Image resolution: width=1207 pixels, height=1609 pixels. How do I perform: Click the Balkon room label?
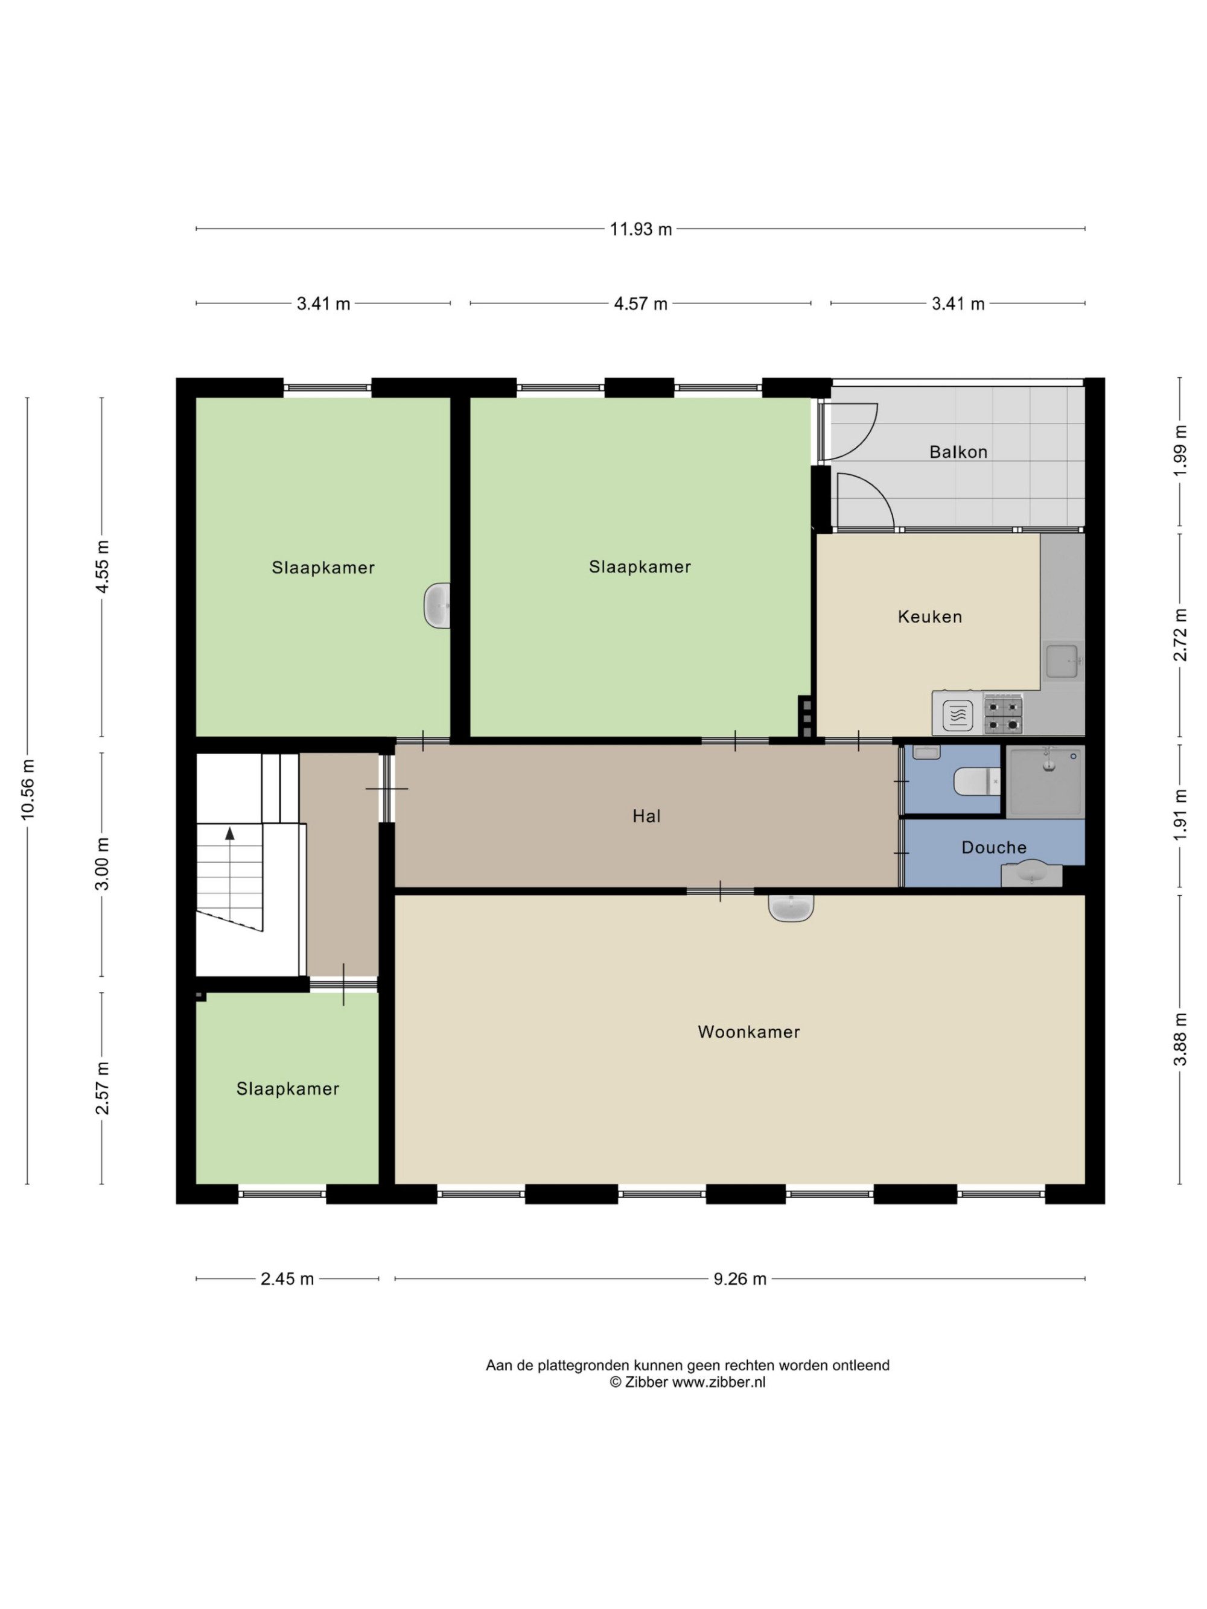tap(958, 452)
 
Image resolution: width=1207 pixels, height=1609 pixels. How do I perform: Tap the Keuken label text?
tap(930, 616)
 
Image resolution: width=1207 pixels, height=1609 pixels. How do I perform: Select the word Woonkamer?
tap(749, 1032)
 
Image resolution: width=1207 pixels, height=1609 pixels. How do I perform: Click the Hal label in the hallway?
tap(646, 816)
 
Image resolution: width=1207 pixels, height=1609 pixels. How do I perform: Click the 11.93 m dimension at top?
tap(640, 229)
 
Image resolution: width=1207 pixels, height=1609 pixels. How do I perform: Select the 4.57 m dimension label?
tap(640, 303)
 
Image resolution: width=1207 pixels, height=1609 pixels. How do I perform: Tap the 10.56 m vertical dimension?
tap(28, 789)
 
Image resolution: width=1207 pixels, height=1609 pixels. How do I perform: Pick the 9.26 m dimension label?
tap(739, 1279)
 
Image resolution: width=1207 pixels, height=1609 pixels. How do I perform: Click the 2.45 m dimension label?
tap(287, 1279)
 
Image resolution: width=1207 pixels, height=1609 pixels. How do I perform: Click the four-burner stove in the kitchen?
tap(1003, 714)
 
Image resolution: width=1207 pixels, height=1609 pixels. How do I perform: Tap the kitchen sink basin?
tap(1062, 661)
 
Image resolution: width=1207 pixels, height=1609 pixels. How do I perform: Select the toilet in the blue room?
tap(977, 781)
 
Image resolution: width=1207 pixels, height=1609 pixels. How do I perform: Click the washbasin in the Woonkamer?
tap(791, 907)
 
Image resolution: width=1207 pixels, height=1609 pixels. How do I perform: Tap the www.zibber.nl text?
tap(718, 1383)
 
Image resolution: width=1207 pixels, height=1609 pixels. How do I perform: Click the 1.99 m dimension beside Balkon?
tap(1180, 451)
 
